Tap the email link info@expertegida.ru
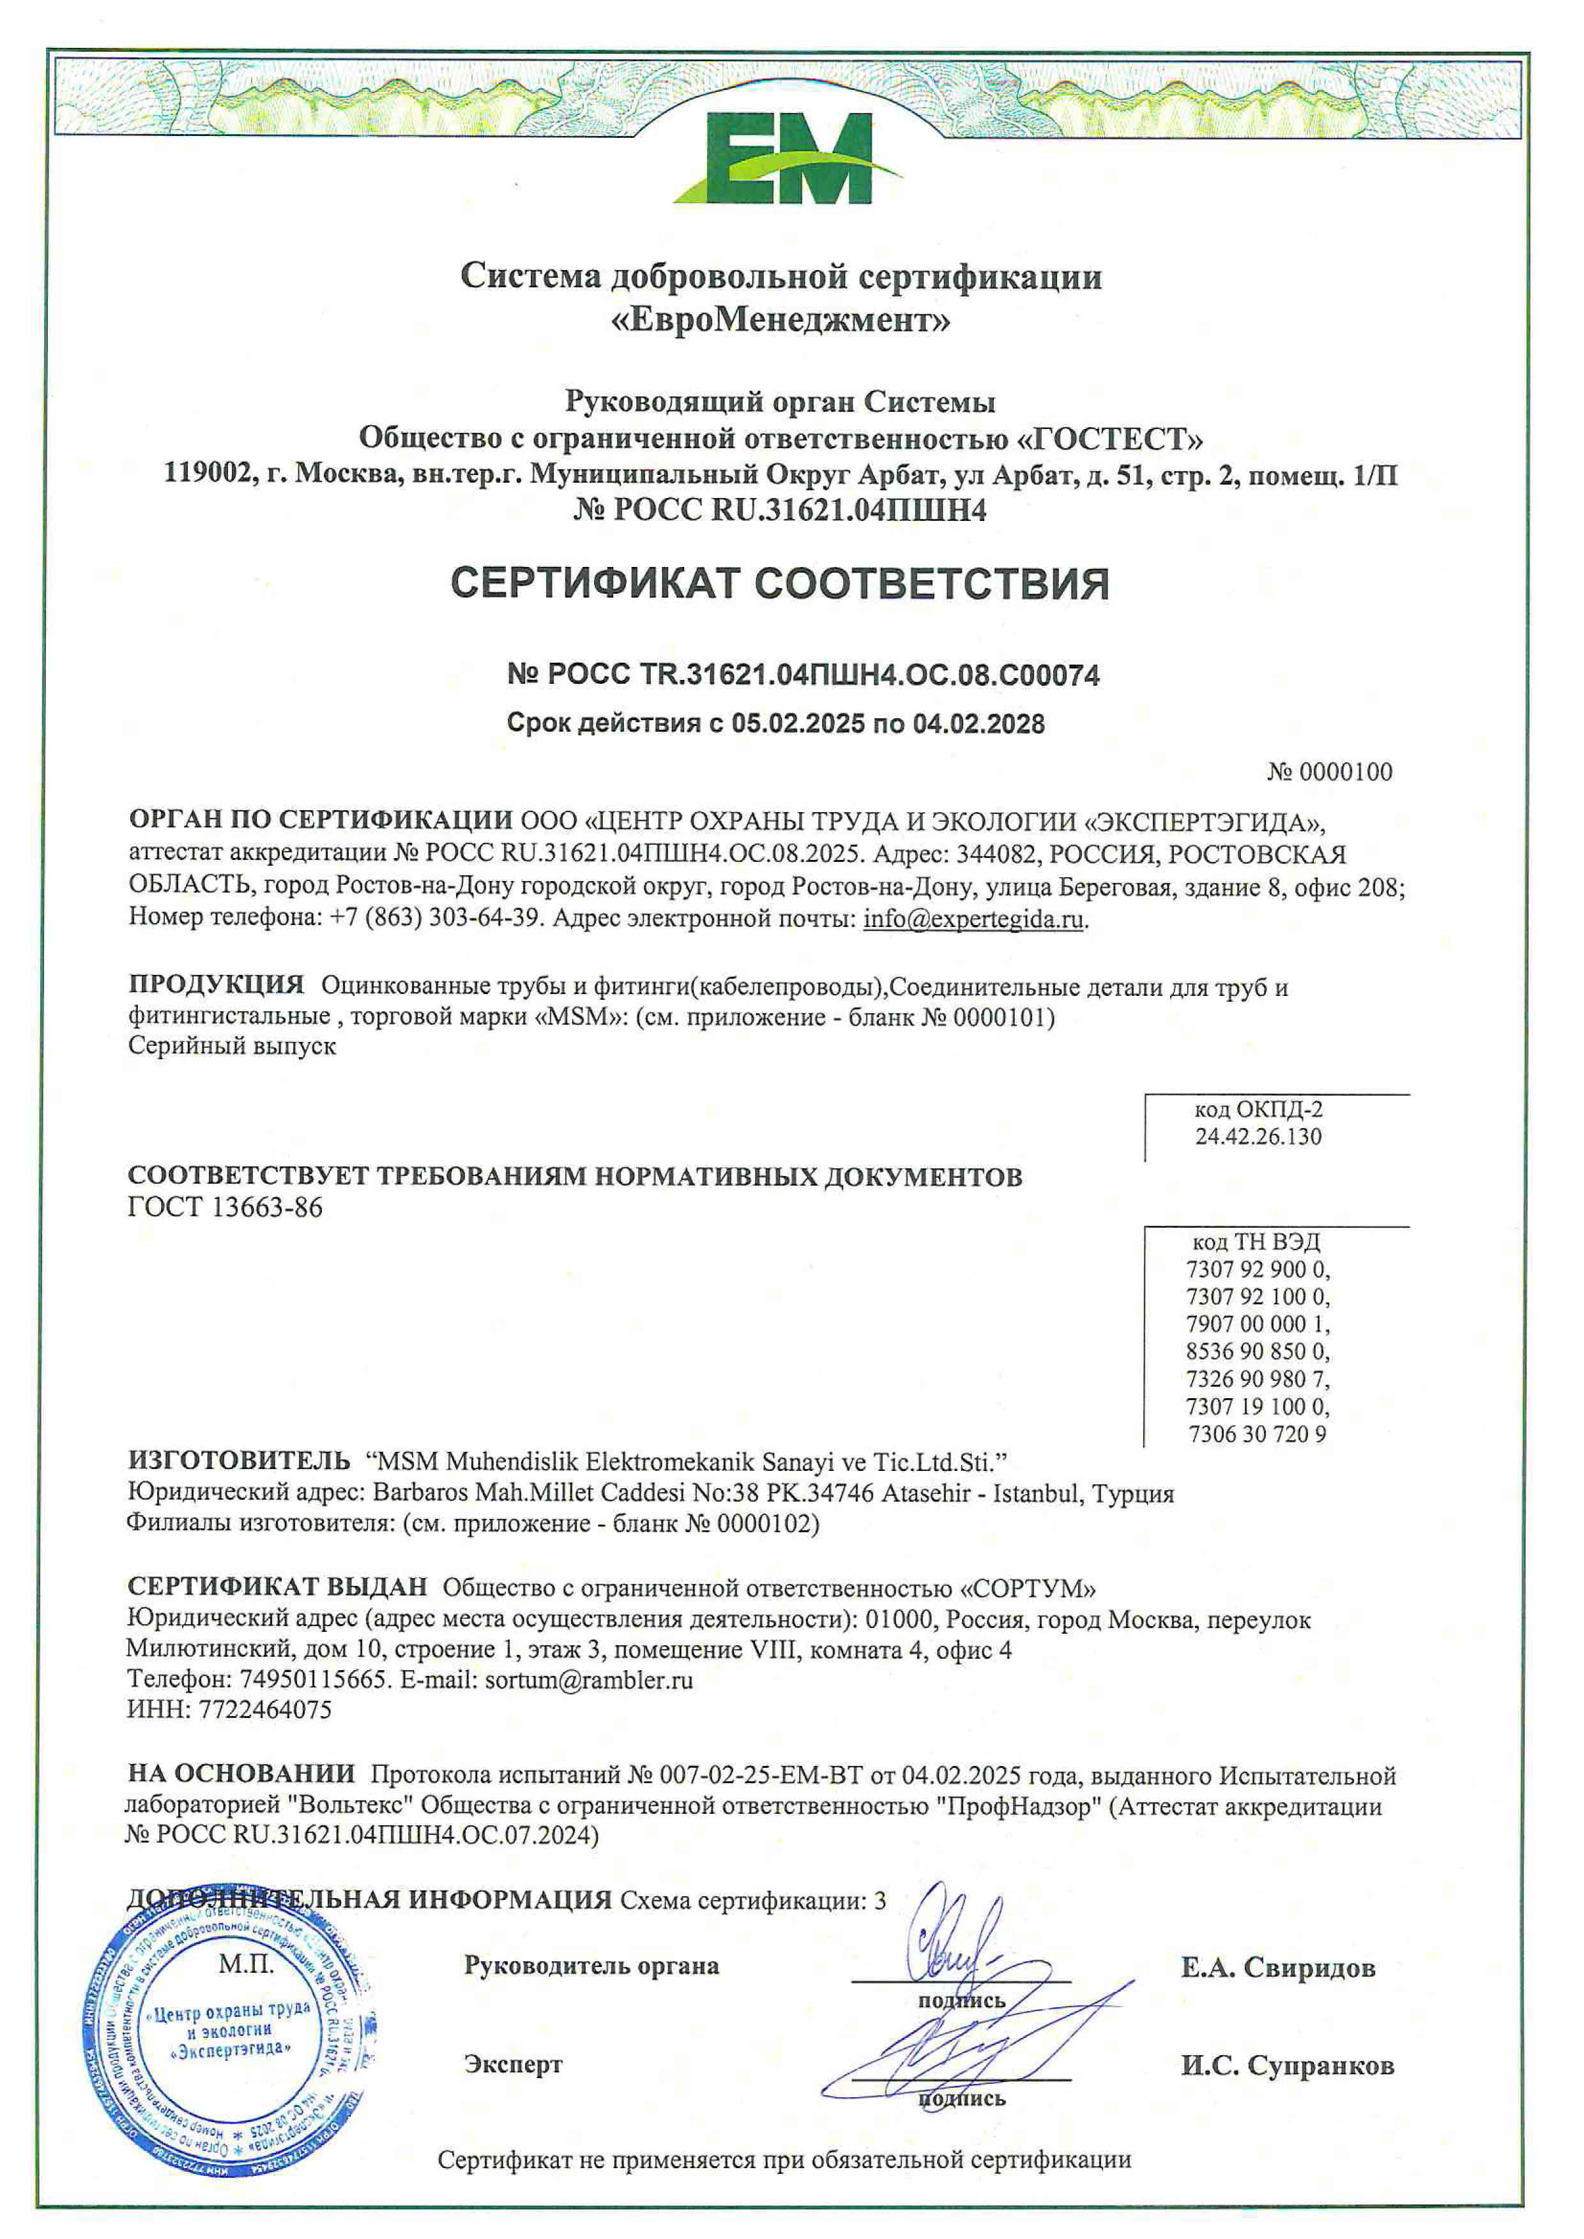pos(973,919)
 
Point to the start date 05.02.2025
pos(798,723)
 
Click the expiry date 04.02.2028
pos(979,723)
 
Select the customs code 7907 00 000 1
pos(1257,1323)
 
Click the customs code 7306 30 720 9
pos(1256,1433)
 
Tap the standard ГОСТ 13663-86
pos(225,1207)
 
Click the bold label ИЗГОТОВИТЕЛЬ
pos(239,1460)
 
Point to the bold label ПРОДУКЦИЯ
pos(215,985)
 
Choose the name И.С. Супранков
pos(1286,2065)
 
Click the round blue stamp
pos(231,2033)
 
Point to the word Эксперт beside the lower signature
pos(513,2065)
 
